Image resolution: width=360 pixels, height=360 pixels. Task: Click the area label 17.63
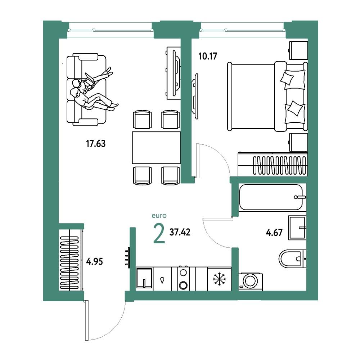pyautogui.click(x=96, y=144)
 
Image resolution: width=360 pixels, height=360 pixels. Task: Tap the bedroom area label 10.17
pyautogui.click(x=208, y=56)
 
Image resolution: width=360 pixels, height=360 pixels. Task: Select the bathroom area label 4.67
pyautogui.click(x=274, y=233)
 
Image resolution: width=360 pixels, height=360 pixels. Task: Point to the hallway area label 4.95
pyautogui.click(x=94, y=261)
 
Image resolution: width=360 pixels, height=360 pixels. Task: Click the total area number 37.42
pyautogui.click(x=180, y=232)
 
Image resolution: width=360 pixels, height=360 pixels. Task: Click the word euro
pyautogui.click(x=159, y=216)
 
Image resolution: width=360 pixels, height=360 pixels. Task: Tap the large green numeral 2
pyautogui.click(x=159, y=234)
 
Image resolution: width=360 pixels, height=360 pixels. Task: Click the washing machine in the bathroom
pyautogui.click(x=251, y=282)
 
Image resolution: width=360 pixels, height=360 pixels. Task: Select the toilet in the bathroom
pyautogui.click(x=292, y=259)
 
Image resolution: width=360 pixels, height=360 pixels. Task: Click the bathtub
pyautogui.click(x=271, y=197)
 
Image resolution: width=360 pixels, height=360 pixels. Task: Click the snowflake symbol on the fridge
pyautogui.click(x=220, y=279)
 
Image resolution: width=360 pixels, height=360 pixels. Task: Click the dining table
pyautogui.click(x=156, y=147)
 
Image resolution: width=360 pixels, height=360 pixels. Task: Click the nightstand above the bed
pyautogui.click(x=298, y=50)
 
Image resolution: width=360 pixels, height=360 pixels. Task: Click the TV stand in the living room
pyautogui.click(x=174, y=73)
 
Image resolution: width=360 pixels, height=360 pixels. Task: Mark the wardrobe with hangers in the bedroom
pyautogui.click(x=273, y=165)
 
